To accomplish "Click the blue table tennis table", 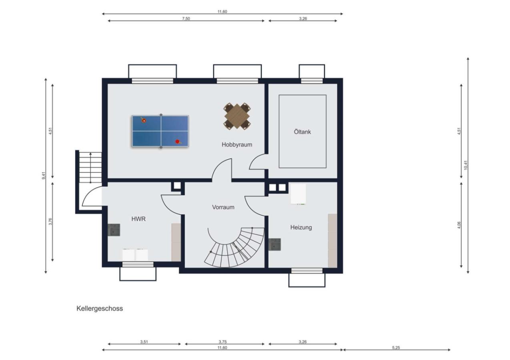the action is point(160,131).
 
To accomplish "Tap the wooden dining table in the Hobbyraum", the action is point(237,116).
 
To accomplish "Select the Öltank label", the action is point(302,132).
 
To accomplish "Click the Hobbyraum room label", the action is point(237,144).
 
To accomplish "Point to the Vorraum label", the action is point(223,207).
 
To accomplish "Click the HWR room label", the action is point(139,219).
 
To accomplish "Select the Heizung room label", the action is point(301,227).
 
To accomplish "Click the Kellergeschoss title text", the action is point(100,308).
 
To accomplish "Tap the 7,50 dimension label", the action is point(186,19).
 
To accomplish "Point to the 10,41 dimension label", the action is point(466,165).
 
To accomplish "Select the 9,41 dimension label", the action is point(44,176).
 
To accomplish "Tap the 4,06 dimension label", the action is point(459,225).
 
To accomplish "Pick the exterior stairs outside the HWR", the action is point(90,167).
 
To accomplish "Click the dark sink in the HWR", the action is point(114,230).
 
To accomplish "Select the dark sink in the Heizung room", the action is point(275,244).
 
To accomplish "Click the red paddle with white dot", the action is point(143,120).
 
